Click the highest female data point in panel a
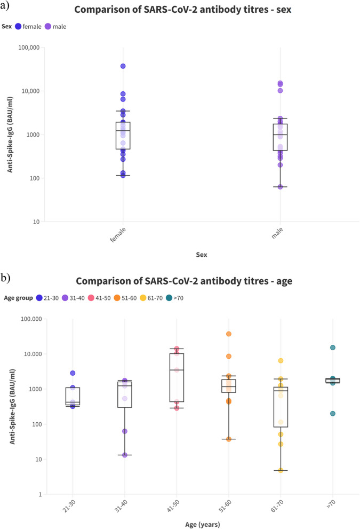pyautogui.click(x=123, y=66)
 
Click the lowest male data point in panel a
pyautogui.click(x=280, y=187)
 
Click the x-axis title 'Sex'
pyautogui.click(x=201, y=255)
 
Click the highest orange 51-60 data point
pyautogui.click(x=229, y=334)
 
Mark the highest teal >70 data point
pyautogui.click(x=333, y=348)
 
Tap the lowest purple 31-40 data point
pyautogui.click(x=124, y=455)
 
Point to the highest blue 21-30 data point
pyautogui.click(x=73, y=373)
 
